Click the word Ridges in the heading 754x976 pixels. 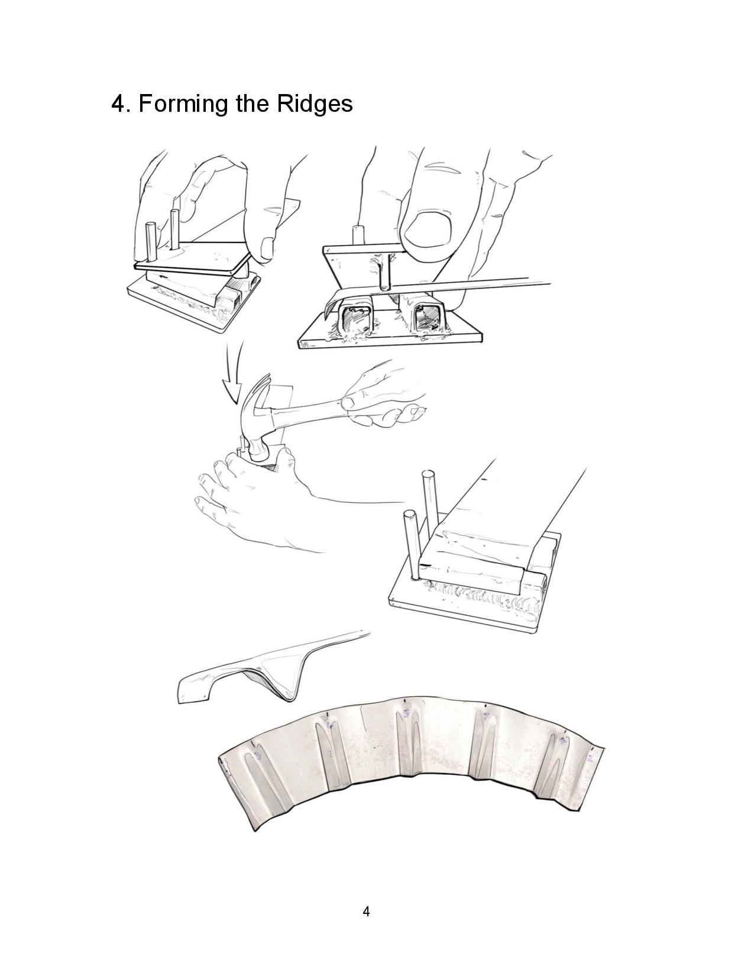pyautogui.click(x=315, y=105)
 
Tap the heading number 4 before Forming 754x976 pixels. pyautogui.click(x=118, y=104)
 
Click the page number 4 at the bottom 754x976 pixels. pyautogui.click(x=367, y=912)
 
